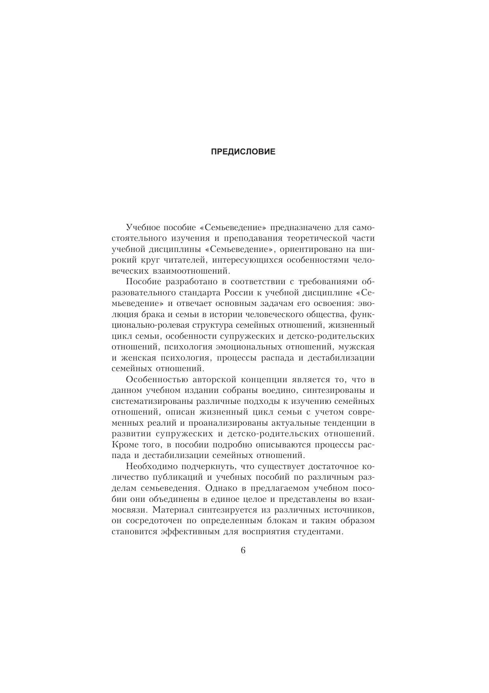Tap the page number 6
coord(243,550)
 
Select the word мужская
coord(359,347)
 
